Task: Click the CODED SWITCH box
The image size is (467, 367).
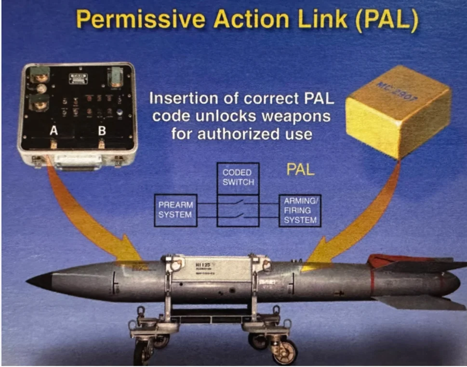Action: click(x=237, y=177)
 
